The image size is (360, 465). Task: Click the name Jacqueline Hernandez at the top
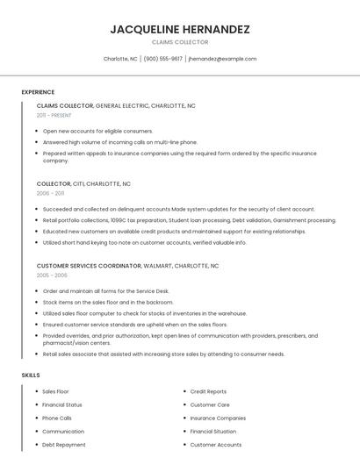pos(180,29)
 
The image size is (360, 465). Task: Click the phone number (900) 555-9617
pos(163,59)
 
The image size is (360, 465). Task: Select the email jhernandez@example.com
pos(222,59)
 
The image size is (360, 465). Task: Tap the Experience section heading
pos(38,92)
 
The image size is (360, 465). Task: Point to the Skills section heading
pos(31,375)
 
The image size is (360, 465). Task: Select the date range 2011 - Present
pos(54,115)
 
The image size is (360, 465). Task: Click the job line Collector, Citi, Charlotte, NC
pos(83,184)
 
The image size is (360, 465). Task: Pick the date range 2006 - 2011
pos(50,193)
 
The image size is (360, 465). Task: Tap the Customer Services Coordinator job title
pos(89,265)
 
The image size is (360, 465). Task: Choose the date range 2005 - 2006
pos(52,275)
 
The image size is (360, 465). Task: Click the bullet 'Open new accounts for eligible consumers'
pos(97,131)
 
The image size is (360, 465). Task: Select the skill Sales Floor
pos(55,391)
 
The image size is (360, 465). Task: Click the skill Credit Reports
pos(208,391)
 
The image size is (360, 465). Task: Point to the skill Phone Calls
pos(57,418)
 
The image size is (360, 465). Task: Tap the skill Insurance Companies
pos(218,418)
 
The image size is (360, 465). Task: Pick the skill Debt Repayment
pos(64,445)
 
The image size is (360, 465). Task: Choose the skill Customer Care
pos(210,404)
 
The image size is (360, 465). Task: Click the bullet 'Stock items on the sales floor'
pos(108,302)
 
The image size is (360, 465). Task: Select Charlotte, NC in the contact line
pos(120,59)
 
